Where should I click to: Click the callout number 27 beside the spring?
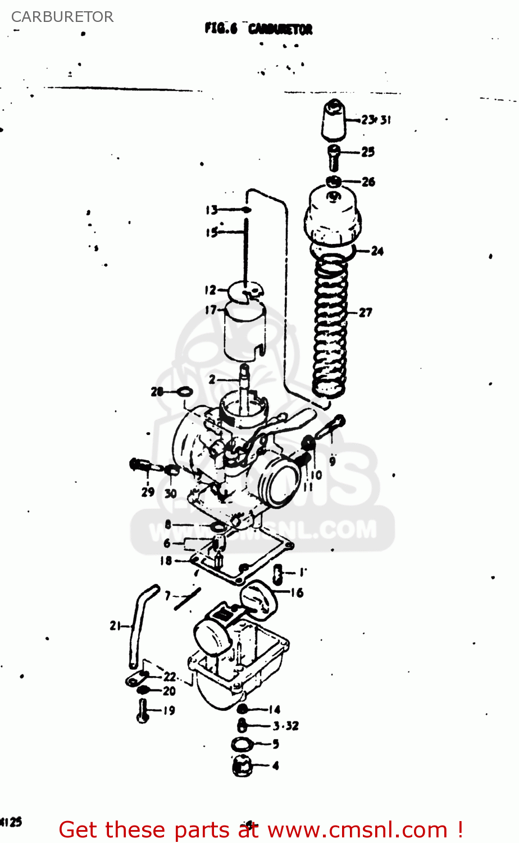[366, 312]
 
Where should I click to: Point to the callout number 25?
[368, 152]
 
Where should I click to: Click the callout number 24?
[377, 251]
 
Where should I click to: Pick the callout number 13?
[211, 210]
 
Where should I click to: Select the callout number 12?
[210, 291]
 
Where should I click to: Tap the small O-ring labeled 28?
[185, 392]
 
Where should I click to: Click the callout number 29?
[148, 492]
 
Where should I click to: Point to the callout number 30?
[170, 493]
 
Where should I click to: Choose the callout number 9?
[333, 461]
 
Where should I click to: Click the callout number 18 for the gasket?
[166, 561]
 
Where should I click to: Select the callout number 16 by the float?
[297, 592]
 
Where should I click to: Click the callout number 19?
[169, 710]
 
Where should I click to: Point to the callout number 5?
[276, 744]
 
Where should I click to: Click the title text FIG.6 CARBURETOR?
[258, 29]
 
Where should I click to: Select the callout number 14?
[274, 709]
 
